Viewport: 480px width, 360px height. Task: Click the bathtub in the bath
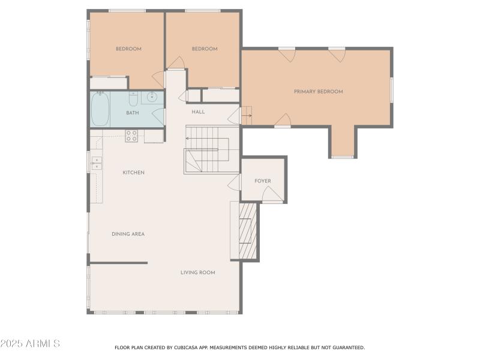(x=100, y=109)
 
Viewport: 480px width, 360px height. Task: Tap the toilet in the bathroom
(x=133, y=99)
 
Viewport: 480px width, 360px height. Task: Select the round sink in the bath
(x=152, y=97)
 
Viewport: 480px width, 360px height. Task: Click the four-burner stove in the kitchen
(x=131, y=136)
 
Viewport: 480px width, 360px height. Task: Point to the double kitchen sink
(x=95, y=164)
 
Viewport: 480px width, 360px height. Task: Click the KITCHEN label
(x=133, y=173)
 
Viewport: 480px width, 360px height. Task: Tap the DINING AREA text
(x=128, y=234)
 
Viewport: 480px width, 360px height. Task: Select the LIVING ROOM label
(x=197, y=272)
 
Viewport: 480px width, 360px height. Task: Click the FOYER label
(x=262, y=181)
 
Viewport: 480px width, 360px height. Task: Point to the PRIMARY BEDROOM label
(x=318, y=92)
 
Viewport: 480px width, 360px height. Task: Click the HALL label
(x=198, y=112)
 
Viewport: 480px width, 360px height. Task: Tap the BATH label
(x=133, y=113)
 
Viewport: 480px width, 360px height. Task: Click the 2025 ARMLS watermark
(x=30, y=344)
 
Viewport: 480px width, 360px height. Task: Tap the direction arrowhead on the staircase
(x=187, y=139)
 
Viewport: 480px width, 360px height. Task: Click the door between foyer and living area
(x=235, y=182)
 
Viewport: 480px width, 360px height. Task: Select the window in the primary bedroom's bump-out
(x=343, y=157)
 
